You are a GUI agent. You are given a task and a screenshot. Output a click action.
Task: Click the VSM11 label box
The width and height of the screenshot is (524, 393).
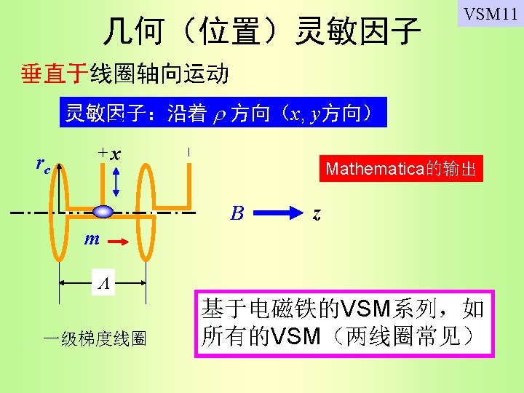pyautogui.click(x=491, y=14)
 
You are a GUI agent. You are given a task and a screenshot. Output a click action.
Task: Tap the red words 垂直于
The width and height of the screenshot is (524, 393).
pyautogui.click(x=55, y=74)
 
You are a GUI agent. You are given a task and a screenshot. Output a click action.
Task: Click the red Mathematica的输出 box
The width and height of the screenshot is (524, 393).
pyautogui.click(x=401, y=170)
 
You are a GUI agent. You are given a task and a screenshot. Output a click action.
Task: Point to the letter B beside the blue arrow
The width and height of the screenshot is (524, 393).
pyautogui.click(x=237, y=213)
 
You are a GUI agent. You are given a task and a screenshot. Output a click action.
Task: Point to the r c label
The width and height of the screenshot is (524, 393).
pyautogui.click(x=43, y=165)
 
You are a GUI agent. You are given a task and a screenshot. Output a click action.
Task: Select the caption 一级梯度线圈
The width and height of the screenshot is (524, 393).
pyautogui.click(x=95, y=338)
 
